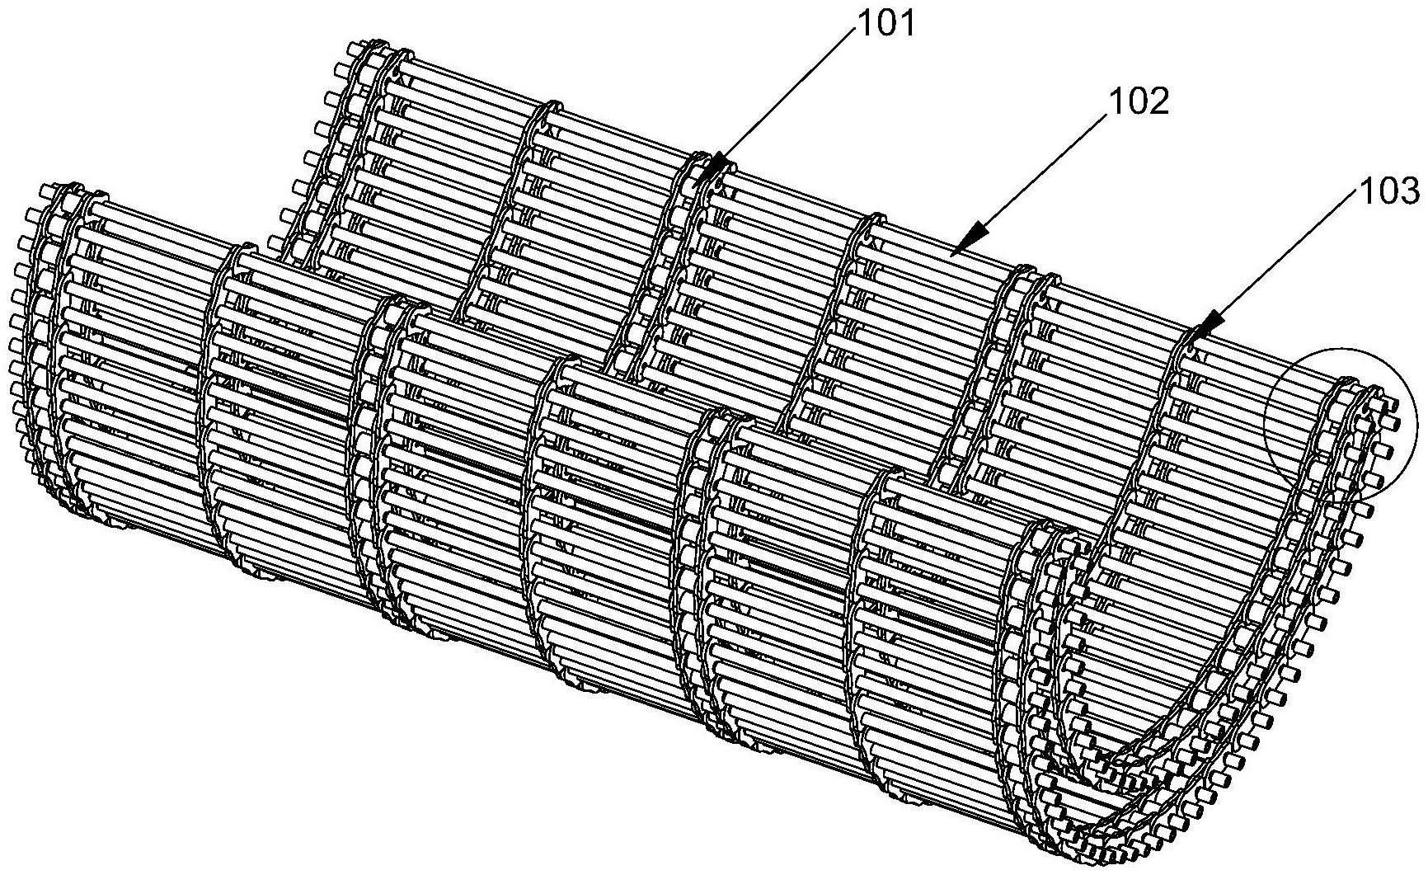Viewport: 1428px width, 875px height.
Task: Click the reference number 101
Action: coord(887,26)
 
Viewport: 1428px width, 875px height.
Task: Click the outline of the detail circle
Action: coord(1266,421)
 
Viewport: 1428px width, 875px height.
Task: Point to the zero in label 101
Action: coord(887,26)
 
